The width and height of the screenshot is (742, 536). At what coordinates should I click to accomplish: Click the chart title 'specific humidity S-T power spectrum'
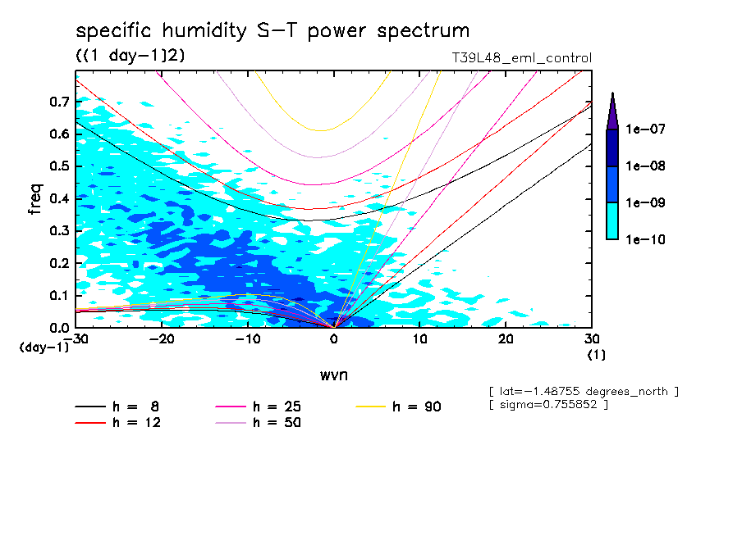[273, 31]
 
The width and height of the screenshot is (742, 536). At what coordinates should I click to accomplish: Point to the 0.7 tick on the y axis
[58, 102]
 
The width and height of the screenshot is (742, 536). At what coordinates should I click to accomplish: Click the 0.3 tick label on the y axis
[58, 231]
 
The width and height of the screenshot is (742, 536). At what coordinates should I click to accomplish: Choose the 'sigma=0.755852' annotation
[547, 406]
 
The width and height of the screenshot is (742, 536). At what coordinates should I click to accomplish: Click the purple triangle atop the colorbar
[612, 111]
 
